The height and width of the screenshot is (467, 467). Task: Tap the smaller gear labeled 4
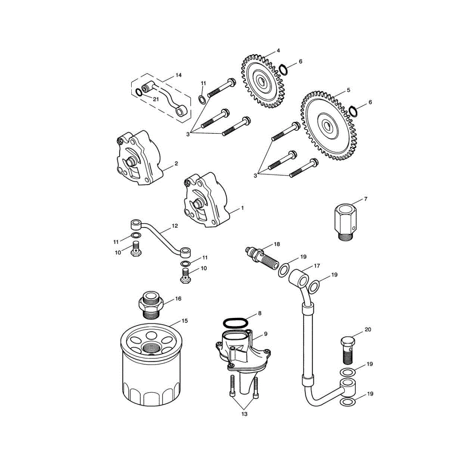coord(262,81)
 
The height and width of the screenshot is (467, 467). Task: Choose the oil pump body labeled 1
coord(206,200)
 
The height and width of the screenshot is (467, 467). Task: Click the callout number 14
coord(178,75)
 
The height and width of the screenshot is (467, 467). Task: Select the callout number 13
coord(244,414)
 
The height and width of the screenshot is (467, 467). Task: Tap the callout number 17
coord(317,266)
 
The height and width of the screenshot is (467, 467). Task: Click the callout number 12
coord(175,226)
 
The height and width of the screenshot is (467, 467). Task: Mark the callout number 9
coord(266,334)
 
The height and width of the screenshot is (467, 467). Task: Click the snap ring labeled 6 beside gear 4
coord(284,69)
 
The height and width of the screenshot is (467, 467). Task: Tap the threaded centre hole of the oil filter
coord(151,347)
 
